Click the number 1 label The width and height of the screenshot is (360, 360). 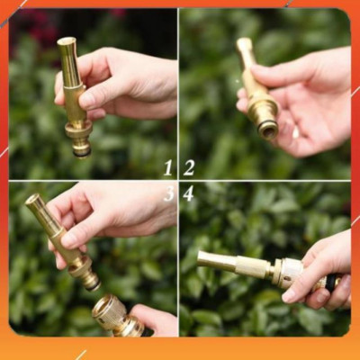[168, 167]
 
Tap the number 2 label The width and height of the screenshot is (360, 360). [189, 167]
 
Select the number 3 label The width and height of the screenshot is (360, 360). [168, 193]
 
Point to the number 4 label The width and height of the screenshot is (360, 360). [188, 193]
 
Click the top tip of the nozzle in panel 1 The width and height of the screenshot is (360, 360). [66, 42]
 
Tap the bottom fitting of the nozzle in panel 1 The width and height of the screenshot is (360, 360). [80, 144]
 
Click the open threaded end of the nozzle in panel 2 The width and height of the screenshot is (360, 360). [267, 130]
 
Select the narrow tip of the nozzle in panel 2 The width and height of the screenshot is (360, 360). [243, 43]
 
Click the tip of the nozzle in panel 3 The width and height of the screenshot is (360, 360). [32, 200]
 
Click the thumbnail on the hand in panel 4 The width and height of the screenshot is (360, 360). [291, 294]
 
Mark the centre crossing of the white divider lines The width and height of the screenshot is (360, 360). [178, 181]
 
